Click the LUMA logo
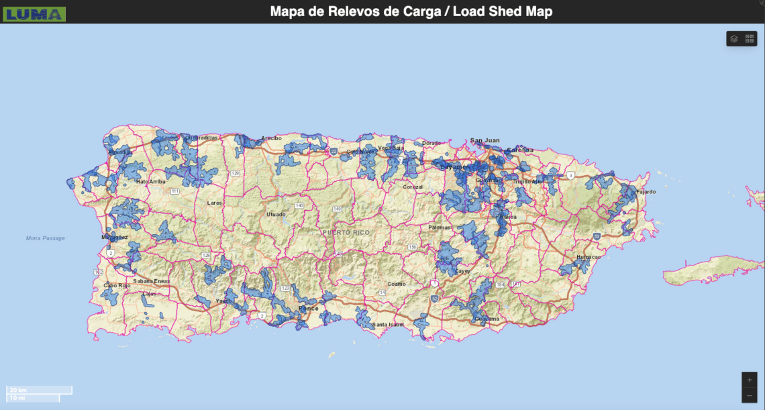click(x=34, y=13)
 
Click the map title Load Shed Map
click(x=411, y=11)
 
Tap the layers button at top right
click(x=733, y=39)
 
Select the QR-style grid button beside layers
click(x=750, y=39)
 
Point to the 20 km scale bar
click(x=39, y=389)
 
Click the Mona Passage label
click(x=46, y=238)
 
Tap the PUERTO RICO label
click(x=346, y=232)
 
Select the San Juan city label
click(x=484, y=140)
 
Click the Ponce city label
click(x=308, y=309)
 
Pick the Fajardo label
click(x=646, y=192)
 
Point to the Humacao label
click(x=588, y=257)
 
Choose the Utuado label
click(x=276, y=214)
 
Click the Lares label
click(x=215, y=202)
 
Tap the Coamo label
click(x=397, y=284)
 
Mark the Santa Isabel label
click(x=389, y=325)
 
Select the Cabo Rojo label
click(x=116, y=285)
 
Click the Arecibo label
click(x=271, y=138)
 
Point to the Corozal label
click(x=413, y=187)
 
